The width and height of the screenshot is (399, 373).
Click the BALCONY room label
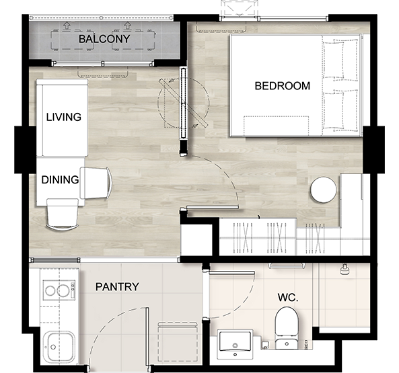coord(104,39)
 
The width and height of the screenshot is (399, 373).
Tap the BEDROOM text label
coord(283,86)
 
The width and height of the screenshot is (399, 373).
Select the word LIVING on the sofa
coord(64,117)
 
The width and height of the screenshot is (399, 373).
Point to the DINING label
coord(60,179)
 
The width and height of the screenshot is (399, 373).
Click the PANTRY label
coord(117,287)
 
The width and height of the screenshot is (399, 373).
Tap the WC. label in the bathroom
coord(288,297)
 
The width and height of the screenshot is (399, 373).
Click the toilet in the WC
coord(287,328)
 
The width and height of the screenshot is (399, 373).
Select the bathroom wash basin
coord(235,344)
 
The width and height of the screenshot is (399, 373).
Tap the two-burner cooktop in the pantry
coord(59,290)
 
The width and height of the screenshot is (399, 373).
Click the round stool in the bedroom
coord(323,190)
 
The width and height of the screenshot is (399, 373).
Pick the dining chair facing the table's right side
coord(96,183)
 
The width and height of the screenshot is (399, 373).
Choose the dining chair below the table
coord(63,214)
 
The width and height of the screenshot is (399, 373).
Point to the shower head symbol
coord(344,270)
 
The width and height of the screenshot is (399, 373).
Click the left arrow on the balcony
coord(67,26)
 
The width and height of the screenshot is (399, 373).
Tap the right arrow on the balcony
coord(127,26)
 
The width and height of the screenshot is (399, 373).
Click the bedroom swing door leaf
coord(213,208)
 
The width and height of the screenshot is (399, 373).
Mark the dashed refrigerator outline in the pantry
coord(178,341)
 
